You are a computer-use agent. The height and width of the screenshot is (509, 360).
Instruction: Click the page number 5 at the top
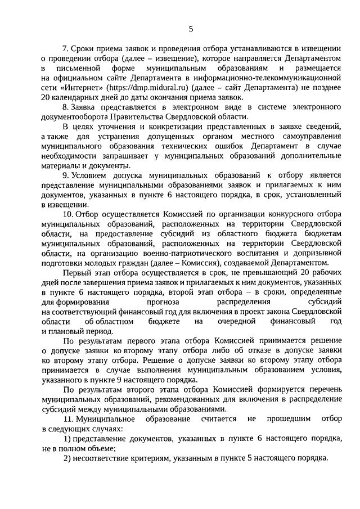(191, 29)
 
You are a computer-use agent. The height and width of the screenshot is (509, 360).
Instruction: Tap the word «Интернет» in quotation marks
(82, 89)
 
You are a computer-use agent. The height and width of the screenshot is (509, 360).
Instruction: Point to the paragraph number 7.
(65, 49)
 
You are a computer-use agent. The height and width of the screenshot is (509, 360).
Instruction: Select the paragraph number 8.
(65, 107)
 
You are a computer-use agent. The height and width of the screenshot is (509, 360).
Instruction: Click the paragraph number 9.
(65, 175)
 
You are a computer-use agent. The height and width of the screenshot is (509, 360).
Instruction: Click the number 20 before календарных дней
(47, 98)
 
